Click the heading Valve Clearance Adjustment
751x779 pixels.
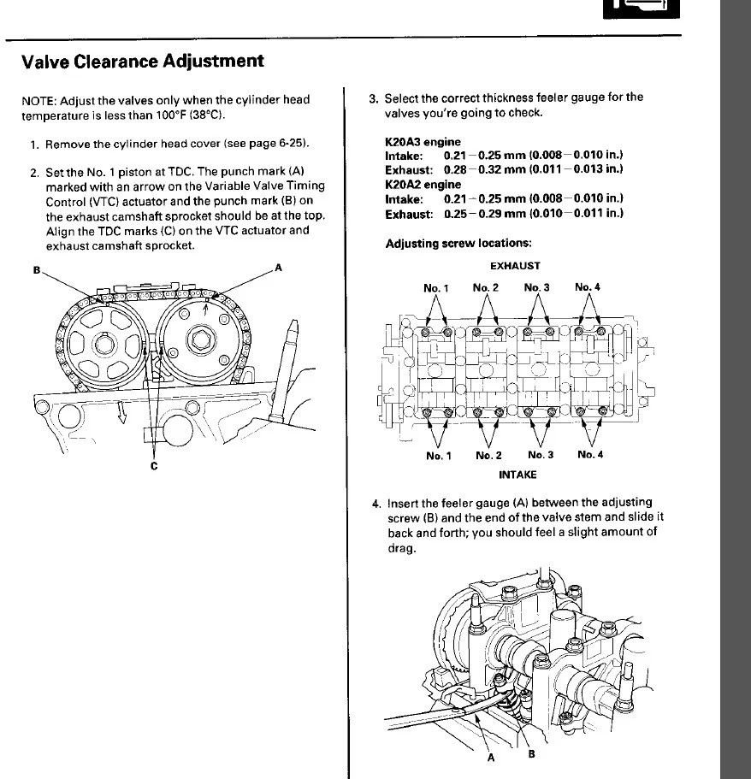(143, 61)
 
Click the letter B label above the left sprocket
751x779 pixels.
(36, 269)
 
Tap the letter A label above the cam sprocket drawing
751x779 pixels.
(278, 268)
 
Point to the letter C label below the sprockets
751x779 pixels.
(154, 465)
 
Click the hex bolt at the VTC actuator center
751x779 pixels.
(201, 339)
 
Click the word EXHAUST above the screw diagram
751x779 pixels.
(515, 266)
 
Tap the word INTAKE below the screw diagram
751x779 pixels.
(517, 475)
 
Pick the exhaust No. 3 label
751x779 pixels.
(537, 287)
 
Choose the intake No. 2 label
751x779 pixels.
(488, 455)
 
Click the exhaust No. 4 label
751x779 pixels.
(588, 287)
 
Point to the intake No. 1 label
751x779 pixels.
(439, 456)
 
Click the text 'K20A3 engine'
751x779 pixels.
(423, 142)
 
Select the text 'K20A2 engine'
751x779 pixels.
(423, 185)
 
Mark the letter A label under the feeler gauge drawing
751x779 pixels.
(491, 758)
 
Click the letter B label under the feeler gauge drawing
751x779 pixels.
(532, 753)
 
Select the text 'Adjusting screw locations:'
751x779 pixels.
(458, 244)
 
